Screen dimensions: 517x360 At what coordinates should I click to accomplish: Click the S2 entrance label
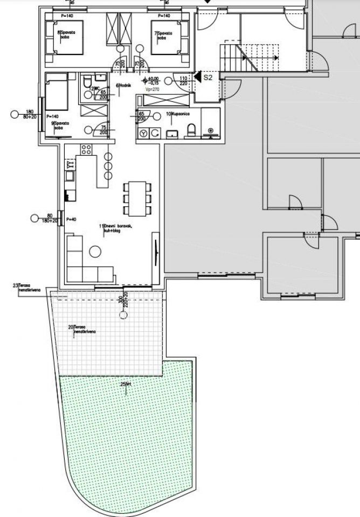(209, 78)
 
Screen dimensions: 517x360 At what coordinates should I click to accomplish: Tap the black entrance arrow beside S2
(197, 78)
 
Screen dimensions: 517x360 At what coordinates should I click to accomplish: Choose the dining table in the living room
(137, 198)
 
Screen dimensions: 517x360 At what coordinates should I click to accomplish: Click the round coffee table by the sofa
(96, 251)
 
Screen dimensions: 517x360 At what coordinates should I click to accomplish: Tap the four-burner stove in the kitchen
(86, 149)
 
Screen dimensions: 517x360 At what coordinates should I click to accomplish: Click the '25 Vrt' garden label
(126, 384)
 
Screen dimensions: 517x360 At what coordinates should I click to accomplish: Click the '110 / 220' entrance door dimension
(183, 81)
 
